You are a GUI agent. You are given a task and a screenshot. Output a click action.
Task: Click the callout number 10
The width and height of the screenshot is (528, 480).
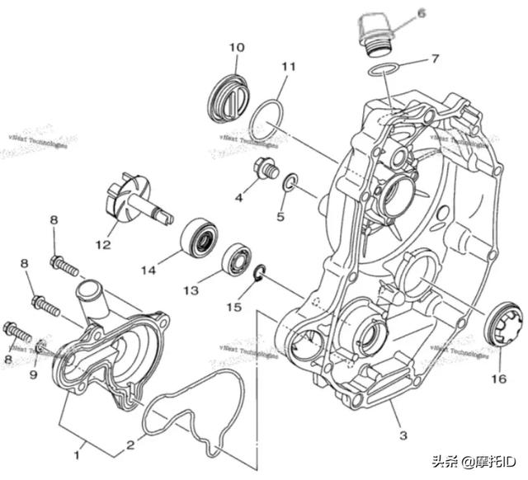click(237, 48)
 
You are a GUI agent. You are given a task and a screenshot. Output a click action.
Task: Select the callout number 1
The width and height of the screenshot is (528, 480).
click(79, 452)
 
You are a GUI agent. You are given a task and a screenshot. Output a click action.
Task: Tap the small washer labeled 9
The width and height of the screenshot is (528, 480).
click(41, 345)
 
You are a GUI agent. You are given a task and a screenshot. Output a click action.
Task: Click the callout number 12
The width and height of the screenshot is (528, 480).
click(102, 245)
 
